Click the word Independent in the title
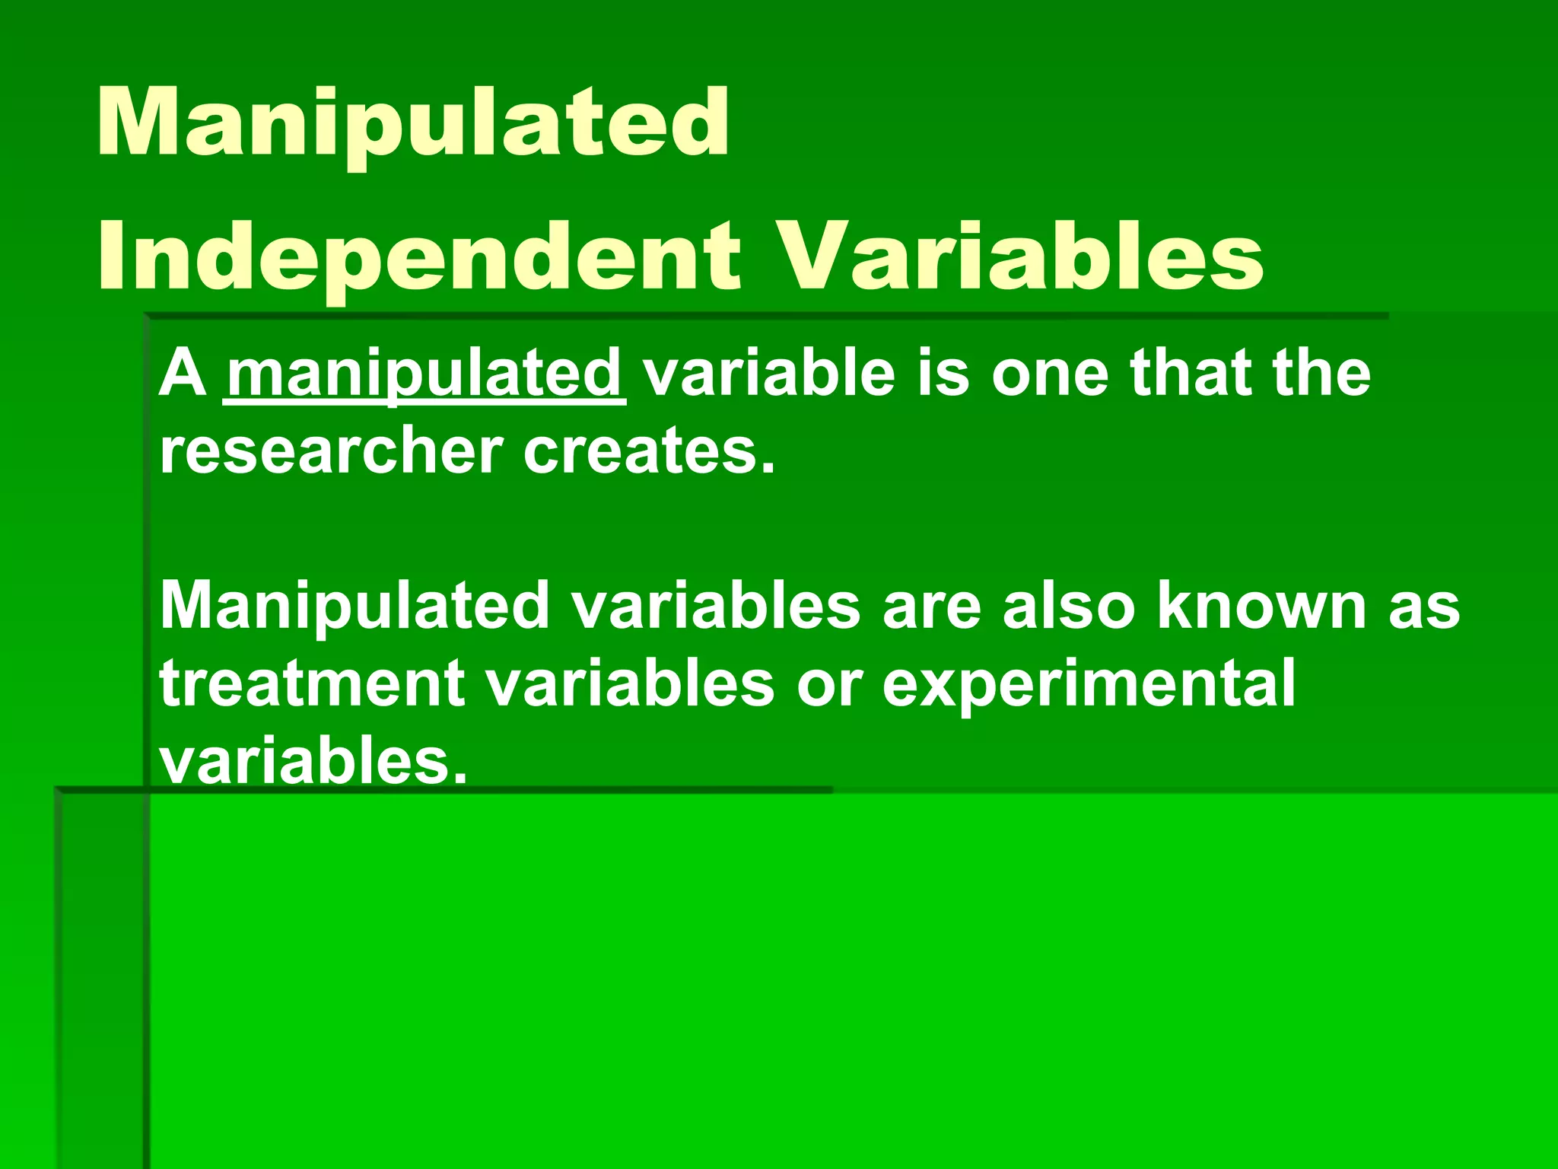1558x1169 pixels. (418, 256)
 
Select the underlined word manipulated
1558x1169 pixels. (424, 374)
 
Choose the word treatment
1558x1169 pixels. (312, 683)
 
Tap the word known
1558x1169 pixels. (1262, 606)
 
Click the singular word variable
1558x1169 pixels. (769, 374)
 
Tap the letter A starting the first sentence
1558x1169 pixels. (183, 374)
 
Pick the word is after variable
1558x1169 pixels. (943, 374)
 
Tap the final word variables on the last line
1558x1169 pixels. (312, 761)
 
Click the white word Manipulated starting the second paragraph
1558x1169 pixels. (355, 606)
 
